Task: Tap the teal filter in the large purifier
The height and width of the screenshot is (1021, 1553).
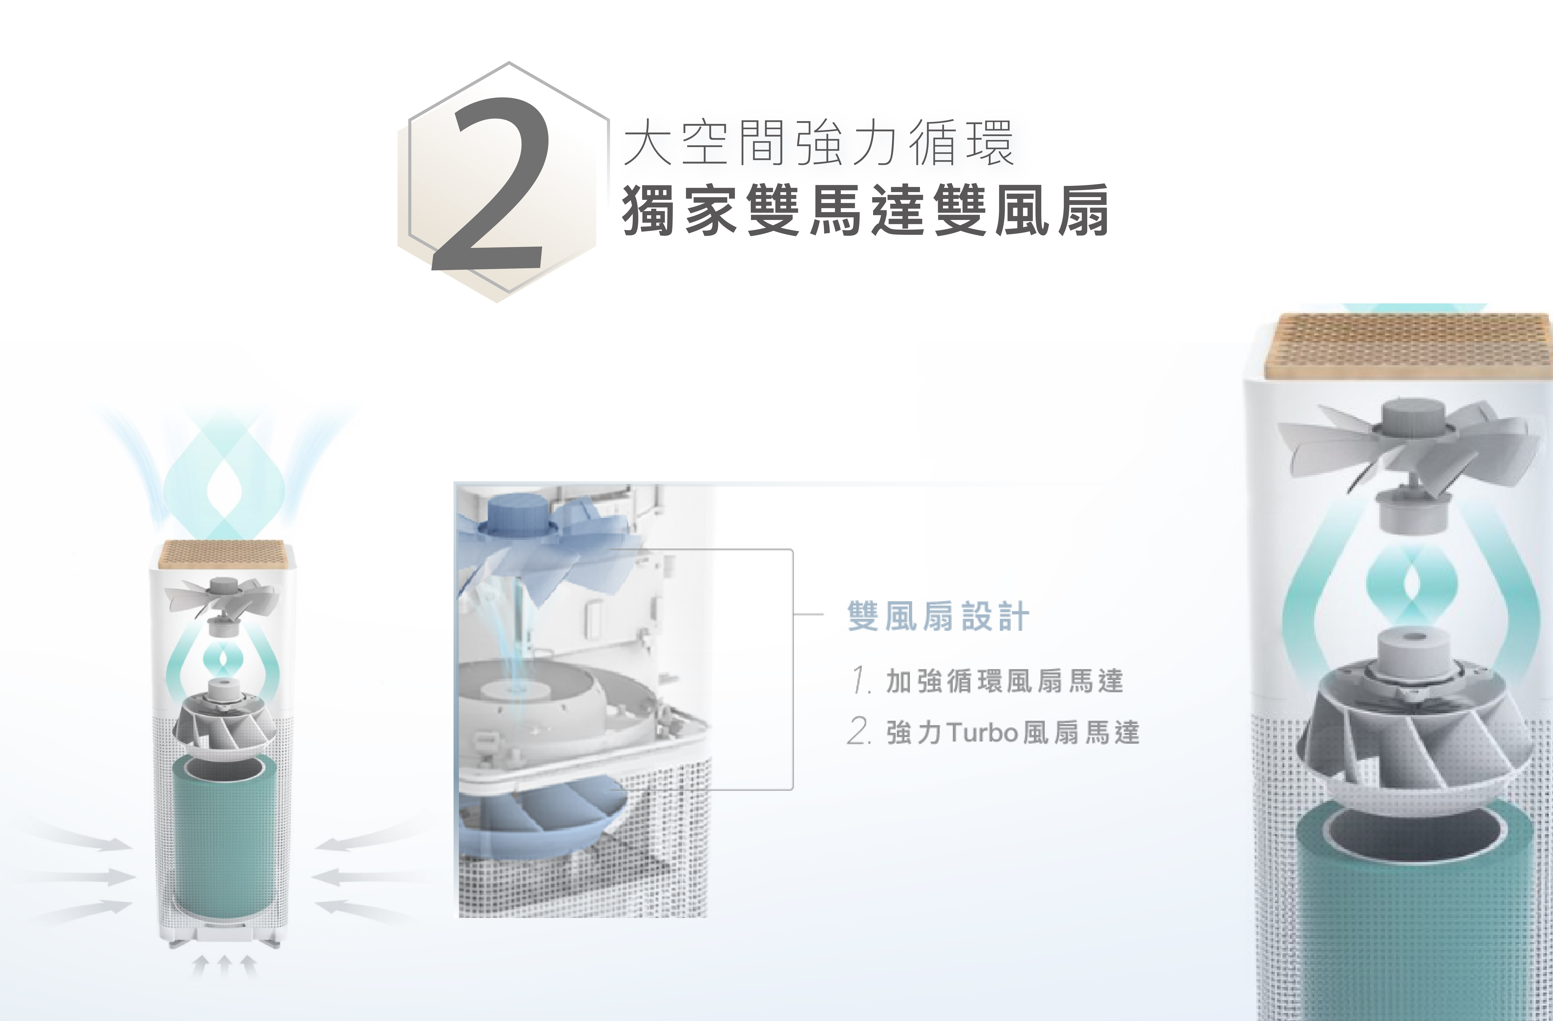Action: pos(1416,926)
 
